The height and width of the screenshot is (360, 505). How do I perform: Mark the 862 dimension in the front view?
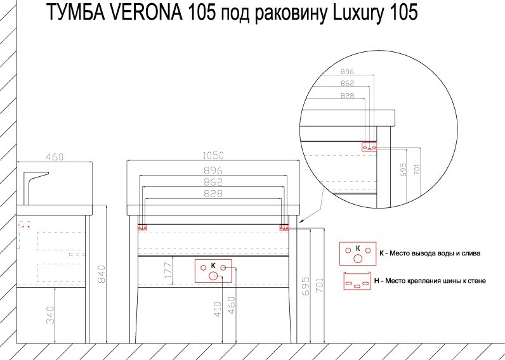click(213, 182)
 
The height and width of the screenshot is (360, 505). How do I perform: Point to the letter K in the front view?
click(213, 265)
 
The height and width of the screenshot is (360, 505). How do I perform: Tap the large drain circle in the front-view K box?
click(213, 275)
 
